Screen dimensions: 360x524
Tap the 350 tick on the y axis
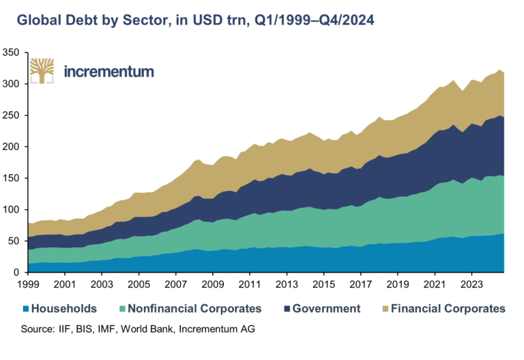(x=12, y=52)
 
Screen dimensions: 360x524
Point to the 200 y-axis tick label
(x=12, y=147)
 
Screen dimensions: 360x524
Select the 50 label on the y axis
(x=14, y=241)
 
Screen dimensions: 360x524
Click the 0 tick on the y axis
(x=17, y=273)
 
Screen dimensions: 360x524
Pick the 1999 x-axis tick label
(x=28, y=283)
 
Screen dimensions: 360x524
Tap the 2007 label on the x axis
(x=176, y=283)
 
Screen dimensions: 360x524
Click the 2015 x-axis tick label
(x=324, y=283)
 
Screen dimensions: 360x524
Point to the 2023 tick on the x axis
(x=471, y=283)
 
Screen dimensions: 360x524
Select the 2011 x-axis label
(x=250, y=283)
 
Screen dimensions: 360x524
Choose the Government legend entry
(x=325, y=309)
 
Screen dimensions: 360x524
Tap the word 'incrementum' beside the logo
(x=108, y=71)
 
